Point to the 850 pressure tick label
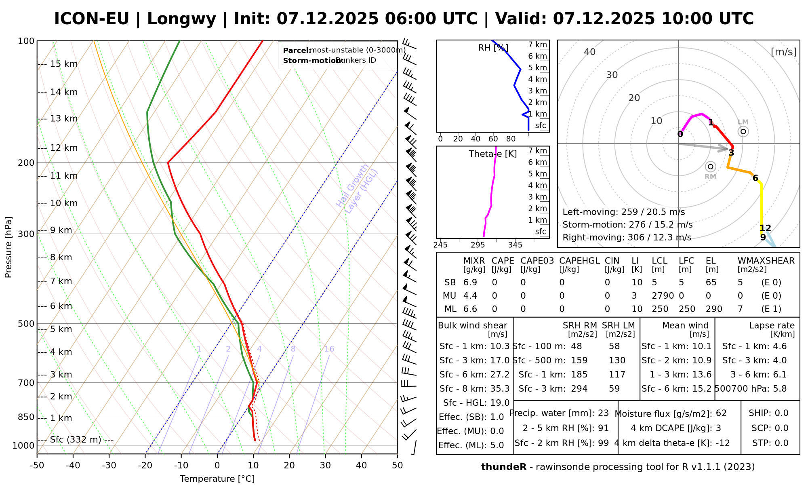(x=26, y=417)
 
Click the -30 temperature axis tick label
(x=109, y=466)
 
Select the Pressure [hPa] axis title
(x=8, y=247)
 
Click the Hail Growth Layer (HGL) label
(x=357, y=188)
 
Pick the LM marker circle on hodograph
(x=743, y=131)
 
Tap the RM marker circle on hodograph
(x=711, y=167)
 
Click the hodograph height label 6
(x=755, y=178)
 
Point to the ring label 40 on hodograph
(x=590, y=52)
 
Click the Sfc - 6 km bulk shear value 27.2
(x=500, y=375)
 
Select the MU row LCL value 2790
(x=663, y=296)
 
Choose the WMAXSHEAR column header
(x=766, y=261)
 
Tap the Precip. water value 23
(x=603, y=413)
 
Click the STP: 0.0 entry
(x=770, y=443)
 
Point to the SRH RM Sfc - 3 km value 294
(x=579, y=389)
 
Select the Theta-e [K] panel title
(x=492, y=154)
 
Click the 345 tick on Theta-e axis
(x=515, y=245)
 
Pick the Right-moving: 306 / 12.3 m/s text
(x=627, y=237)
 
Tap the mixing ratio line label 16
(x=329, y=349)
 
